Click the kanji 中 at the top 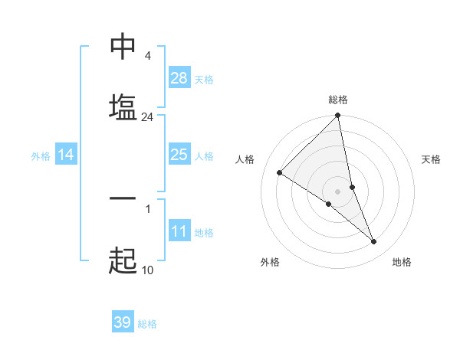[123, 47]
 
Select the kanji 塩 [123, 106]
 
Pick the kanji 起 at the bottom [123, 261]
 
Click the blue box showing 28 [179, 78]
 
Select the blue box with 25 [179, 155]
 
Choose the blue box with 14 [66, 155]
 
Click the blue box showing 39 [123, 322]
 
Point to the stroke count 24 [148, 117]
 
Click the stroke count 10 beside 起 [148, 270]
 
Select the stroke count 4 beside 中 [147, 56]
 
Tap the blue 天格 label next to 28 [204, 79]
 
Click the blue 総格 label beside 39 [147, 324]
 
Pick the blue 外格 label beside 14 [41, 155]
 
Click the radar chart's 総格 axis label [338, 100]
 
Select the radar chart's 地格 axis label [402, 262]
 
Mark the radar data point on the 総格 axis [338, 116]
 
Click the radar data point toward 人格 [280, 173]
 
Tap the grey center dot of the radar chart [338, 191]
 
